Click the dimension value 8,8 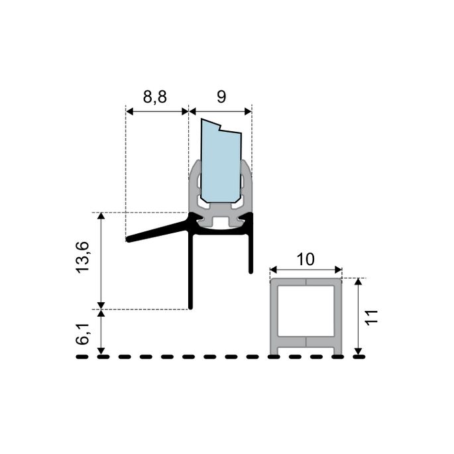(x=155, y=97)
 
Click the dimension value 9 (x=221, y=97)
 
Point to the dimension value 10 (x=306, y=259)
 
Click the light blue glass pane (x=221, y=166)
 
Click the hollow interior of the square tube (x=306, y=312)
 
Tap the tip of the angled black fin (x=129, y=239)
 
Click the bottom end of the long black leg (x=191, y=307)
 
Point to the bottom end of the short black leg (x=251, y=271)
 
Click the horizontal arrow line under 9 (x=221, y=111)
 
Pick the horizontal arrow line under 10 (x=306, y=270)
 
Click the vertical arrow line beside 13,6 (x=101, y=260)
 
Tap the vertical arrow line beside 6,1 (x=101, y=333)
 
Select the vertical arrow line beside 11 (x=359, y=316)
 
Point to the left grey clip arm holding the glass (x=194, y=189)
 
